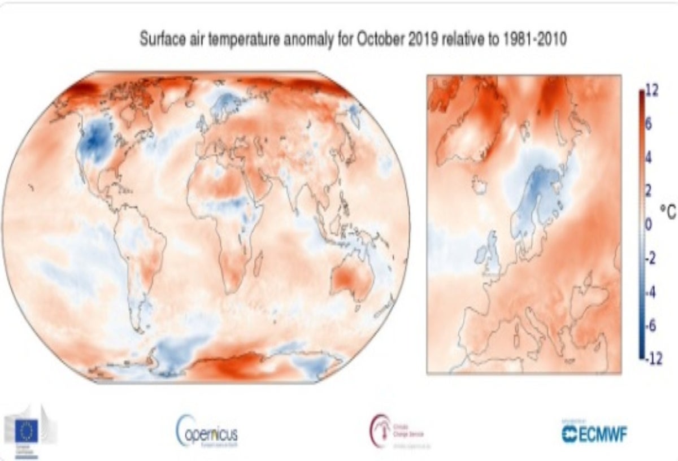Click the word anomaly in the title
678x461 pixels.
[x=308, y=41]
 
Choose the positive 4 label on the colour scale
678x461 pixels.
[x=649, y=158]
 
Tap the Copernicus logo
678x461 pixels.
[x=206, y=433]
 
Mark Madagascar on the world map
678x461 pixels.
[x=259, y=262]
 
